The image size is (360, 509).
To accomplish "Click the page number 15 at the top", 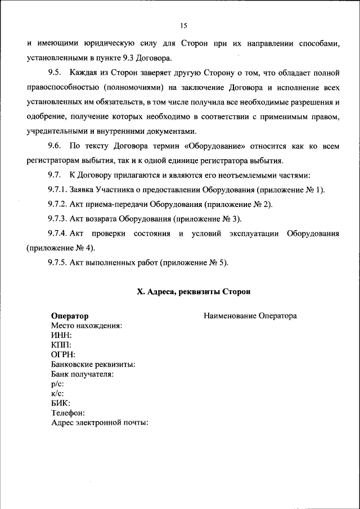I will click(183, 25).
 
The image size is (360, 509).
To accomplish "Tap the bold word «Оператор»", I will click(69, 316).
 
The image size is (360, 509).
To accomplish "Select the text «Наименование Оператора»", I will click(250, 316).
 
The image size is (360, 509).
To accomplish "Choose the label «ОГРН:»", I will click(63, 354).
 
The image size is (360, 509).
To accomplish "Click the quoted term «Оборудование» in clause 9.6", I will click(216, 146).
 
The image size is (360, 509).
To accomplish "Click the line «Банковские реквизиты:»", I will click(93, 364).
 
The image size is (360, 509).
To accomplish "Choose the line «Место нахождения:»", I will click(87, 326).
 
